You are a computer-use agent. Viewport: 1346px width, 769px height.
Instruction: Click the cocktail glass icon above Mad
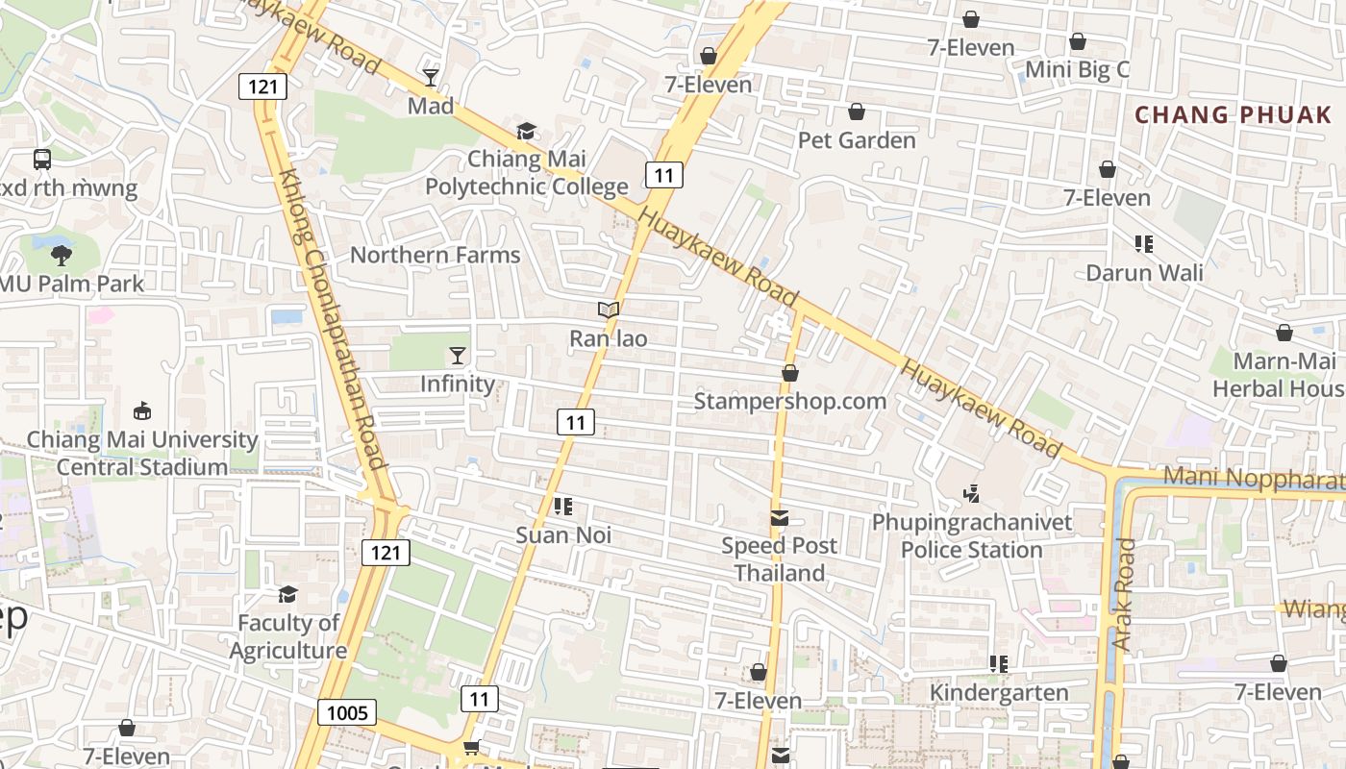(430, 77)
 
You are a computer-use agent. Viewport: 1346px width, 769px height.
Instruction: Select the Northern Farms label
(435, 255)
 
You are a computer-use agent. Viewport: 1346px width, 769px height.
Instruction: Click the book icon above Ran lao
(608, 310)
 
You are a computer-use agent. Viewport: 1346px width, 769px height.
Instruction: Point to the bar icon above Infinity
(458, 356)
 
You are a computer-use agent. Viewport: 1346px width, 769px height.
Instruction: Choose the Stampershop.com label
(789, 401)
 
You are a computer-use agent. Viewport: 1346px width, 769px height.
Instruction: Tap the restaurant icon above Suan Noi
(563, 506)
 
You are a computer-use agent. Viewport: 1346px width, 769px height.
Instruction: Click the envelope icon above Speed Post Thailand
(779, 518)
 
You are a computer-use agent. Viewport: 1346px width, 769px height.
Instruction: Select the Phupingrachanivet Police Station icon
(971, 494)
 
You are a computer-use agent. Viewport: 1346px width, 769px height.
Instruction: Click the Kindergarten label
(998, 692)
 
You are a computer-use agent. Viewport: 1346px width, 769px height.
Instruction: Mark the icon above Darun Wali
(1143, 244)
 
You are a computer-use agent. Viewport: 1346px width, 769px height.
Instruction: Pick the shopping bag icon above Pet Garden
(856, 112)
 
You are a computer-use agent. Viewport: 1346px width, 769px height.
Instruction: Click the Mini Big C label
(1077, 70)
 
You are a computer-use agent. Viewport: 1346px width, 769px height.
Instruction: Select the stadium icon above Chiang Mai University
(142, 411)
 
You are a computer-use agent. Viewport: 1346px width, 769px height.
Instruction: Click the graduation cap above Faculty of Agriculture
(287, 594)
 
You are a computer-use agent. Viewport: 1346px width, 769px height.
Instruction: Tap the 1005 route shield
(347, 712)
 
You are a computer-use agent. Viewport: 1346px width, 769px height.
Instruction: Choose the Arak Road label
(1124, 594)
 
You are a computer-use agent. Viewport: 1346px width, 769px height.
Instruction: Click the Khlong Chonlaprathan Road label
(331, 317)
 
